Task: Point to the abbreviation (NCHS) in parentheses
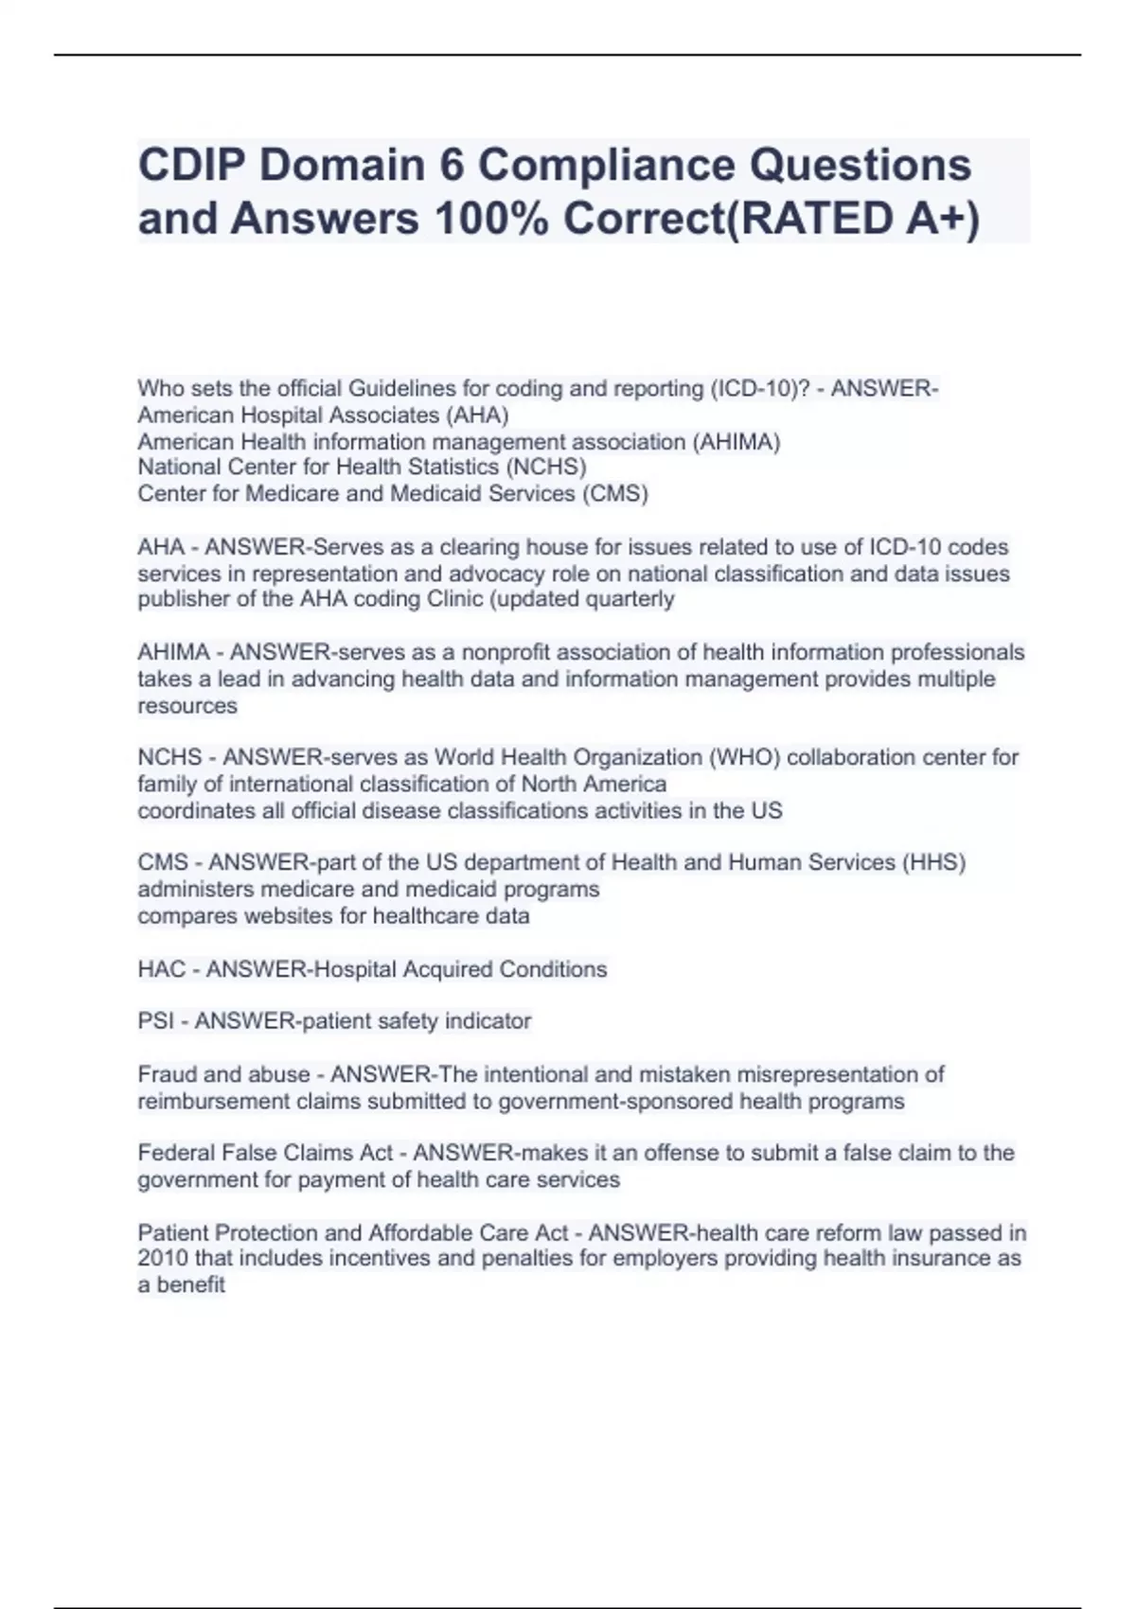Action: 546,468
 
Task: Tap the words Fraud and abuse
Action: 223,1074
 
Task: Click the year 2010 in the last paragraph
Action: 163,1259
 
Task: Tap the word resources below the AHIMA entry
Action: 187,706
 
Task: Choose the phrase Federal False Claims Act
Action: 265,1153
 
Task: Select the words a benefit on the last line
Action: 181,1285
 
